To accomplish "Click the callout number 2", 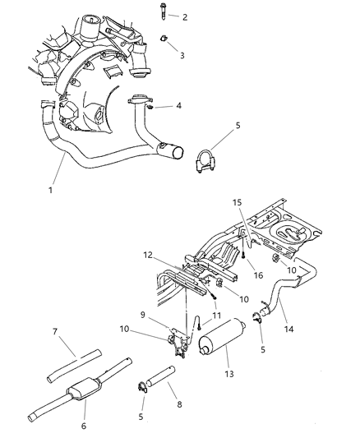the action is [185, 17].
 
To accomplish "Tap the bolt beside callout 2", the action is [163, 11].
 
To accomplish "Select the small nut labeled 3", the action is [164, 38].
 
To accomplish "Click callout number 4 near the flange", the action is [178, 105].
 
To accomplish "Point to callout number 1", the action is [51, 190].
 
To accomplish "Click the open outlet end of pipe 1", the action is [178, 153].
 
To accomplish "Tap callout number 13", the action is [229, 374].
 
